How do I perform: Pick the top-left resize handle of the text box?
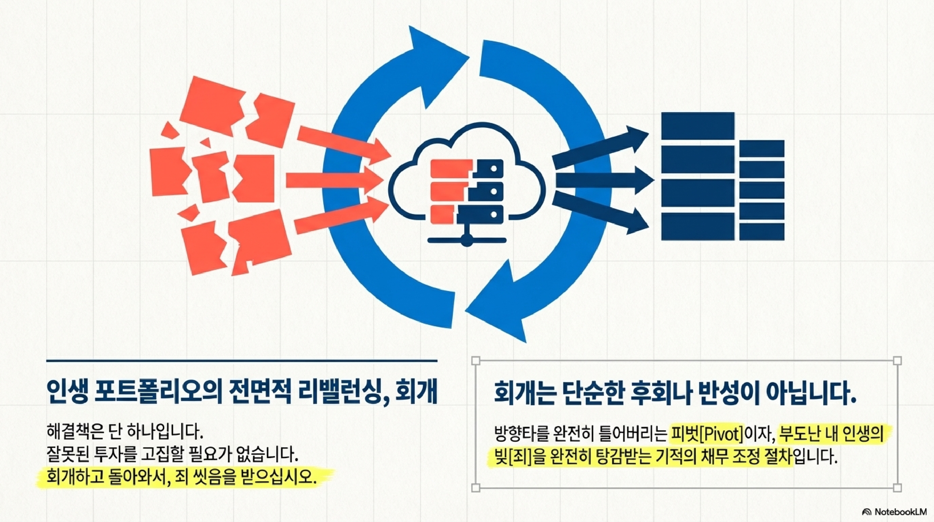476,361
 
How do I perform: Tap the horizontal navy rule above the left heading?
242,361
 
